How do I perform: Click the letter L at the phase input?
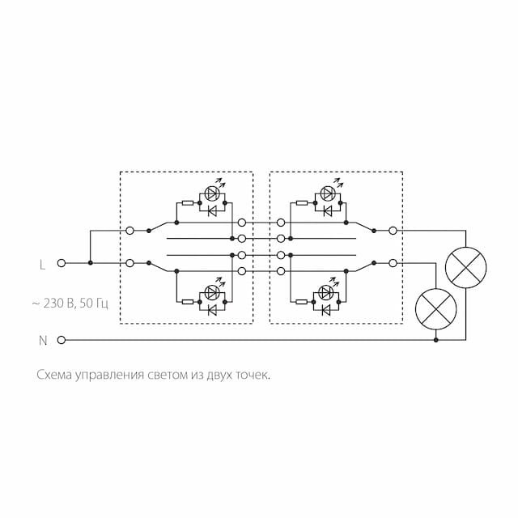42,263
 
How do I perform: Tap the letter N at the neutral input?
43,340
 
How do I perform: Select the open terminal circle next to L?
62,263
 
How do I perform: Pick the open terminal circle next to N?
62,340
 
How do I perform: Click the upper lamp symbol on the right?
468,266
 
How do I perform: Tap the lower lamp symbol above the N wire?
436,308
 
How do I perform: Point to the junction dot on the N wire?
436,340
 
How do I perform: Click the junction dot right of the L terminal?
90,263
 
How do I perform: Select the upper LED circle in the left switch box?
212,193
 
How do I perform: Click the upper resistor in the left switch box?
188,202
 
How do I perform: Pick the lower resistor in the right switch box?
302,302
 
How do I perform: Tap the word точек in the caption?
250,376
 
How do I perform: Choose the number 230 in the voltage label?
56,304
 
